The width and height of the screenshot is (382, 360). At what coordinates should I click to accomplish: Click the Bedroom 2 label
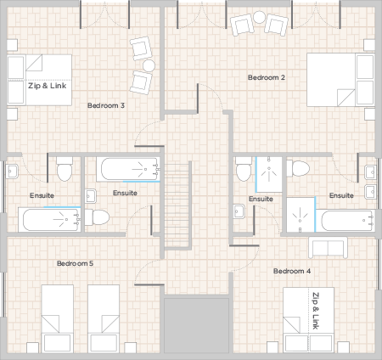pyautogui.click(x=267, y=77)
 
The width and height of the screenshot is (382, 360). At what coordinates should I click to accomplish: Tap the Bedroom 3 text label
pyautogui.click(x=106, y=105)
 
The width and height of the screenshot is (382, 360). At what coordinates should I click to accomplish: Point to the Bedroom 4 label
pyautogui.click(x=292, y=271)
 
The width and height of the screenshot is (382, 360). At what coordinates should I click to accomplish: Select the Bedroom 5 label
pyautogui.click(x=75, y=263)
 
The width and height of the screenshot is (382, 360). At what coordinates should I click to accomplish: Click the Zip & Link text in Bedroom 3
pyautogui.click(x=48, y=86)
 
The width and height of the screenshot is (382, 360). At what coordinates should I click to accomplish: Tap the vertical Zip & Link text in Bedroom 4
pyautogui.click(x=316, y=311)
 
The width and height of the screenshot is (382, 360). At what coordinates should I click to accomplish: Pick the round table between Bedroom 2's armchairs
pyautogui.click(x=259, y=17)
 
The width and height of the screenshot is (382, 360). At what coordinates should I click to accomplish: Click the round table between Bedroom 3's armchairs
pyautogui.click(x=149, y=65)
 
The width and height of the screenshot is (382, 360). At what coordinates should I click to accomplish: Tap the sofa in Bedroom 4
pyautogui.click(x=328, y=248)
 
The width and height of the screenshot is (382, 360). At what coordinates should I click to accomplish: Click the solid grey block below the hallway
pyautogui.click(x=196, y=325)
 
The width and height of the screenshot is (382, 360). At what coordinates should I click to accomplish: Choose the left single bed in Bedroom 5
pyautogui.click(x=58, y=318)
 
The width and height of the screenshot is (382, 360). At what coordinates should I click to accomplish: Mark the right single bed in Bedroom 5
pyautogui.click(x=104, y=318)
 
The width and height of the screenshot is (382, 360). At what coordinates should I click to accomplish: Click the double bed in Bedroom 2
pyautogui.click(x=340, y=80)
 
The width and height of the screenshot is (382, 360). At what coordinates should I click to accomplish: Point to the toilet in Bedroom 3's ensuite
pyautogui.click(x=65, y=169)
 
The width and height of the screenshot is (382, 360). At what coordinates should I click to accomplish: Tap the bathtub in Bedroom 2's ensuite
pyautogui.click(x=345, y=221)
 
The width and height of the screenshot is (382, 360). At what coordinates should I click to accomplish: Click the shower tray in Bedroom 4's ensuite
pyautogui.click(x=269, y=174)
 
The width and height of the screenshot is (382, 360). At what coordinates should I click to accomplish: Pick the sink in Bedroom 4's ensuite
pyautogui.click(x=239, y=211)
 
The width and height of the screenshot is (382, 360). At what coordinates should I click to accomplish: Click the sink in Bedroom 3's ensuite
pyautogui.click(x=12, y=172)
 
